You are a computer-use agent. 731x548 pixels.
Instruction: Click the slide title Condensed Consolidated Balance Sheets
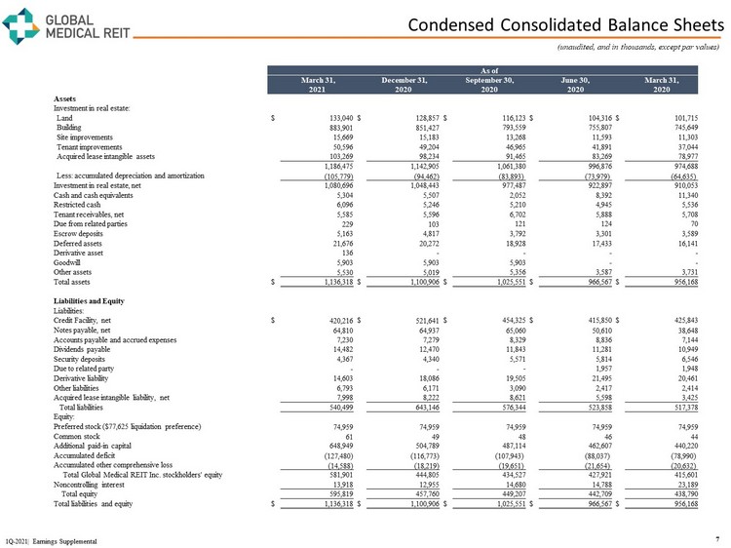(x=564, y=22)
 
